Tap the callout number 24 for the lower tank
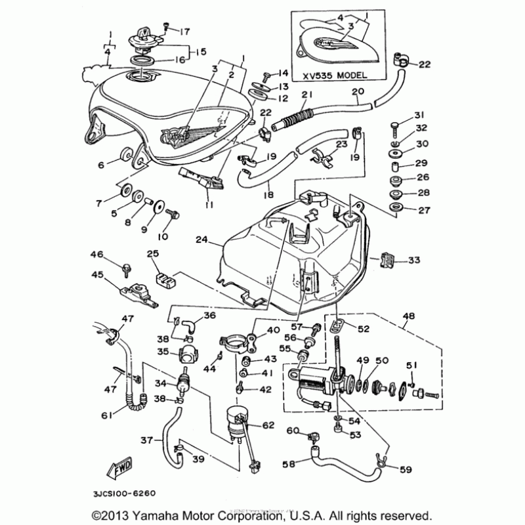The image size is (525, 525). [201, 241]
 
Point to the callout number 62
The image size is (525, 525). [268, 425]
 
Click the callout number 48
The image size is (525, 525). [409, 316]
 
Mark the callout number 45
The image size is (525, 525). [96, 275]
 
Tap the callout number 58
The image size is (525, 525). [288, 464]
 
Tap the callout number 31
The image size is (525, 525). [419, 115]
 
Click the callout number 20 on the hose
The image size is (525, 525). [358, 91]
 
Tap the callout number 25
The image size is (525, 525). [152, 253]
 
